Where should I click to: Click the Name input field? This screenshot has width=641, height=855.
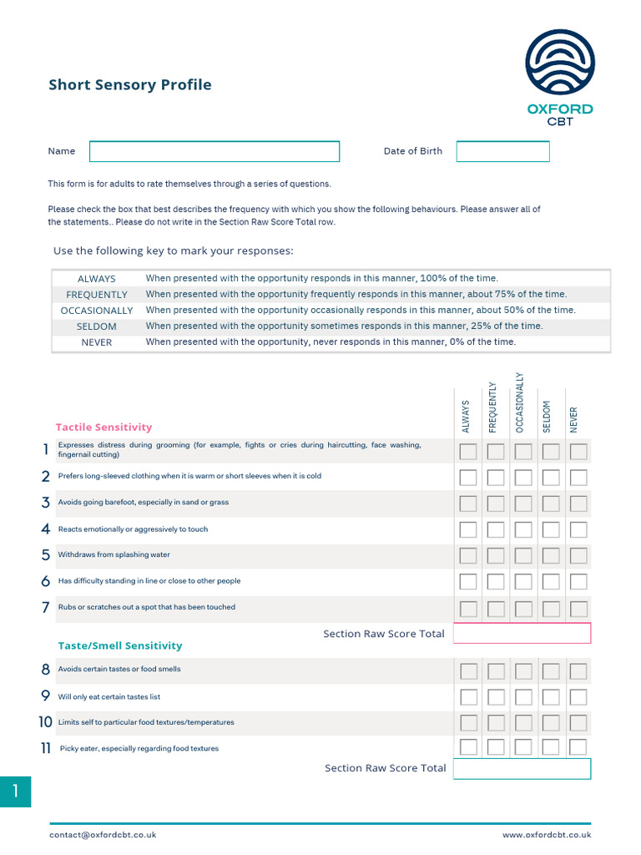(x=215, y=151)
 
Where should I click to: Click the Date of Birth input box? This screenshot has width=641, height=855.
(x=502, y=151)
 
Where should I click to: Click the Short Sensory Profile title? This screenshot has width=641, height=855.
(x=130, y=84)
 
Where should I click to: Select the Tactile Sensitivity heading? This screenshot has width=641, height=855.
(x=103, y=427)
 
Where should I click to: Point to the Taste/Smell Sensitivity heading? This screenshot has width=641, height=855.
(x=119, y=645)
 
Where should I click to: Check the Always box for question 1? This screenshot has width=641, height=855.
(x=469, y=452)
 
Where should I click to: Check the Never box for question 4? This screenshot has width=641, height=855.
(x=578, y=529)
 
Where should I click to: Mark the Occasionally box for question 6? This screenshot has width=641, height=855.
(x=523, y=581)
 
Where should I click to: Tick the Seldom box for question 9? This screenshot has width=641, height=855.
(x=551, y=696)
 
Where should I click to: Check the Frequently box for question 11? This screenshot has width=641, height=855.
(x=496, y=747)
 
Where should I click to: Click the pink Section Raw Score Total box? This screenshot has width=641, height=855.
(x=522, y=634)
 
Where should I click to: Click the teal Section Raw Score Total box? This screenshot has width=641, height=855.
(x=522, y=768)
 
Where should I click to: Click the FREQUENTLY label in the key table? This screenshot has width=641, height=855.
(x=97, y=295)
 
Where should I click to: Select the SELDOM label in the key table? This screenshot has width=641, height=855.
(x=97, y=326)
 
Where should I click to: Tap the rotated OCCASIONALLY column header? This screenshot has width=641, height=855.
(x=521, y=402)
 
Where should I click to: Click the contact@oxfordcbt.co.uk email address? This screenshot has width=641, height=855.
(x=103, y=834)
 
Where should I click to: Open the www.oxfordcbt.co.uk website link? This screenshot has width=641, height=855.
(x=547, y=834)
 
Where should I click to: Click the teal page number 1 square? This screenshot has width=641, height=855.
(x=15, y=792)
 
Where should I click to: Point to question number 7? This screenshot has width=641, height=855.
(x=45, y=608)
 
